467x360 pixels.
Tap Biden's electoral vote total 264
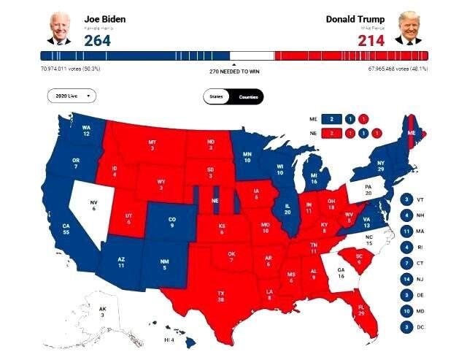point(97,39)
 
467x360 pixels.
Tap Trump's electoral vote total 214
point(371,39)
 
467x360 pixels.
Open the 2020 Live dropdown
point(71,96)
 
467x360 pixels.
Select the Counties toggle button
point(249,96)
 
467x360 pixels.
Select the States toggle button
point(216,96)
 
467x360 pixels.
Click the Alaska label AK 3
point(103,312)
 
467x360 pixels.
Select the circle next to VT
point(406,199)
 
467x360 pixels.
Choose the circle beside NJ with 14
point(406,279)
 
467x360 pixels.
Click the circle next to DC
point(406,327)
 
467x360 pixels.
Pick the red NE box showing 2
point(331,133)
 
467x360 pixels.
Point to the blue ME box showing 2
point(331,118)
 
